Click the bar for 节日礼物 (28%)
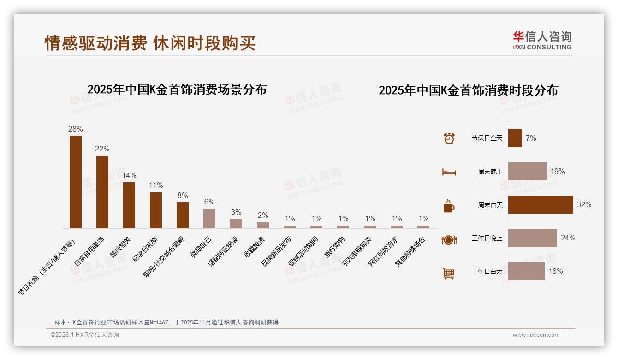(76, 182)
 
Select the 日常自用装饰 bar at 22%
(102, 192)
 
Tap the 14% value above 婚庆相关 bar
(129, 176)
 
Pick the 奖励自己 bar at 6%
(209, 219)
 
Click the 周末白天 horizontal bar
(541, 204)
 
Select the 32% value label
(584, 205)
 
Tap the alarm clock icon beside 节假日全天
(449, 138)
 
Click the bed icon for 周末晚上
(449, 172)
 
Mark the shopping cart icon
(449, 273)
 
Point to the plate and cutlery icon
(449, 240)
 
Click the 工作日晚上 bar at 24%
(532, 238)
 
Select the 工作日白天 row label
(487, 271)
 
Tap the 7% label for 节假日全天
(531, 138)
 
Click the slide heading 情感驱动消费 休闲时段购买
(150, 43)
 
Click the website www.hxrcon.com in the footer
(536, 335)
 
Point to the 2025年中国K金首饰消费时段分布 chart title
(468, 90)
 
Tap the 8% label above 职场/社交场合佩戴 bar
(183, 195)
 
